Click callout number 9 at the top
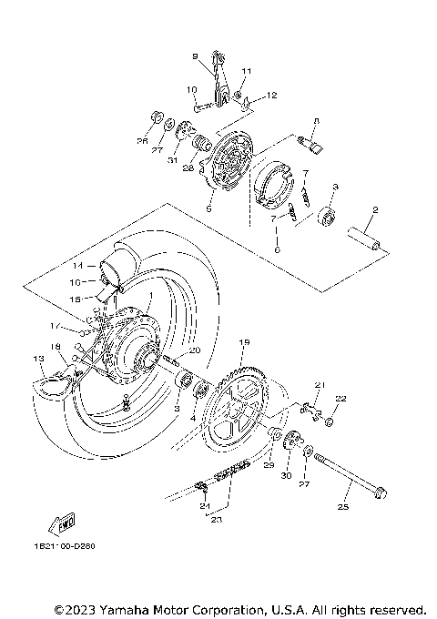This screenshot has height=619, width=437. [x=194, y=56]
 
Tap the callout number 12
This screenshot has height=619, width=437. [x=271, y=94]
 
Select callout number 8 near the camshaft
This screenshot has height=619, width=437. [x=316, y=120]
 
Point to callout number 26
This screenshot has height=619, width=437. [x=142, y=140]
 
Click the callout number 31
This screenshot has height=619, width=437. [x=171, y=161]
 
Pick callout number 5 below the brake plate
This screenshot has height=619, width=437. [x=208, y=208]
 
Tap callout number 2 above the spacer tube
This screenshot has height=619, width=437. [x=372, y=209]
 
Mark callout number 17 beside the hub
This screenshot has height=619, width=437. [x=55, y=326]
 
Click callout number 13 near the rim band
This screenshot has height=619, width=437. [x=37, y=360]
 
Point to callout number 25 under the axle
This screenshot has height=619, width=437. [x=343, y=507]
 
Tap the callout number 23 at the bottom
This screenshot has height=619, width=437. [x=216, y=520]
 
